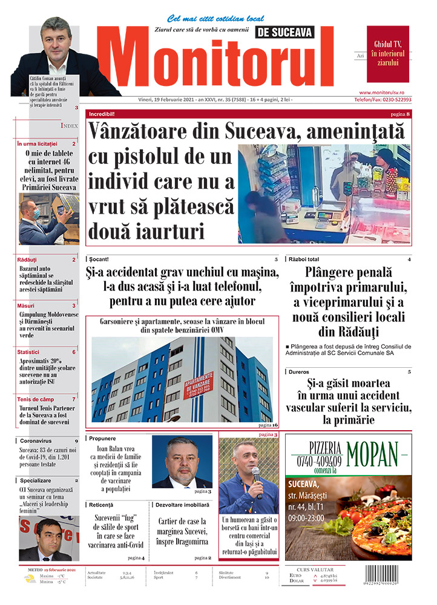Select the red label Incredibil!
coord(102,114)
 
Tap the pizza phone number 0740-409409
coord(317,461)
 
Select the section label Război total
coord(304,259)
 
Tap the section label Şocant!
coord(99,259)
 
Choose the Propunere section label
coord(102,438)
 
